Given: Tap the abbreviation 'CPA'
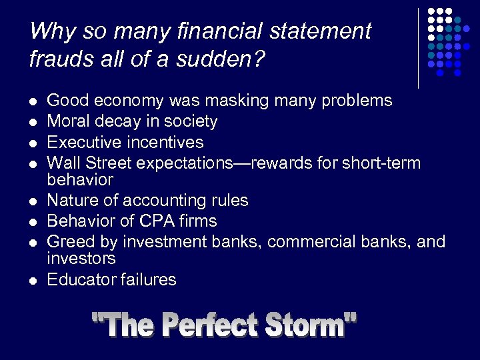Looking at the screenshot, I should (153, 221).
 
